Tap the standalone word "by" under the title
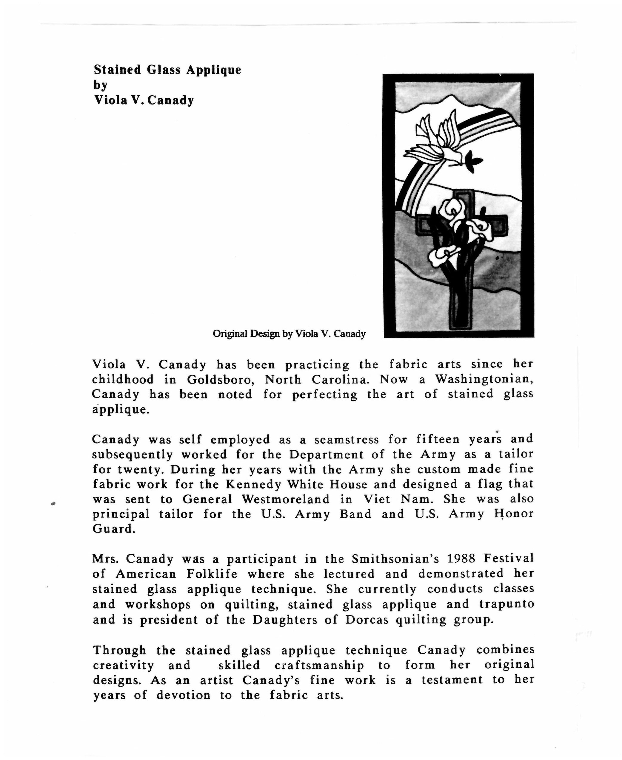pyautogui.click(x=101, y=85)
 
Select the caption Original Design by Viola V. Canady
pyautogui.click(x=289, y=334)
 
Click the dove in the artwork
pyautogui.click(x=435, y=141)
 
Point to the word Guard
pyautogui.click(x=114, y=529)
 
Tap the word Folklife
pyautogui.click(x=212, y=574)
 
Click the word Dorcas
pyautogui.click(x=367, y=619)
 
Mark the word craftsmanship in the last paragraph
pyautogui.click(x=319, y=666)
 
